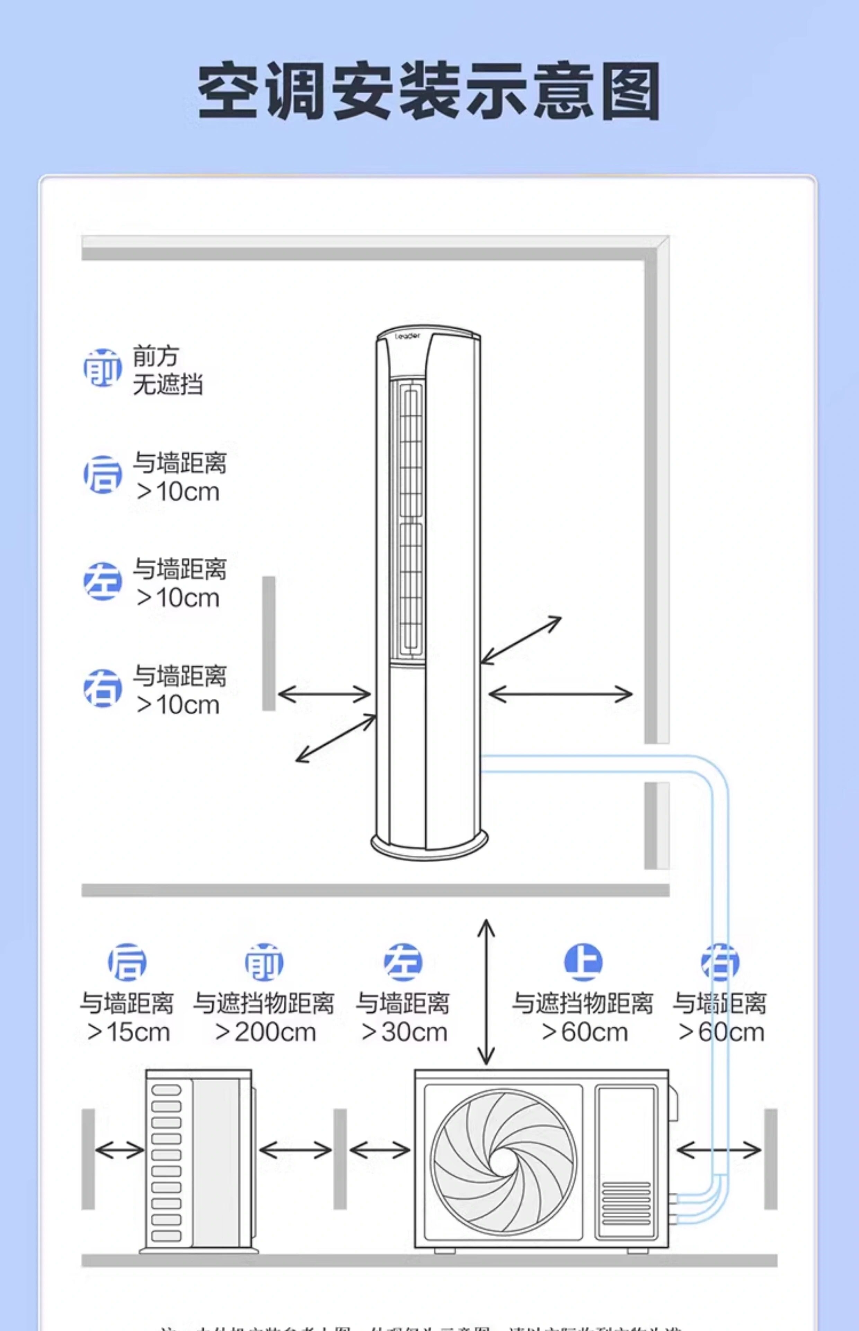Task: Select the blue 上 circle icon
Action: pyautogui.click(x=583, y=962)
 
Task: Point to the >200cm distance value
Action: pyautogui.click(x=266, y=1033)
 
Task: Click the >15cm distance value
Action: pyautogui.click(x=128, y=1033)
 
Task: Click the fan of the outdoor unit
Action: pyautogui.click(x=504, y=1162)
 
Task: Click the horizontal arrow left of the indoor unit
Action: pyautogui.click(x=324, y=695)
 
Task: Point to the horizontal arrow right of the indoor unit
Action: pyautogui.click(x=560, y=695)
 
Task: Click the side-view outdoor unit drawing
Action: pyautogui.click(x=198, y=1161)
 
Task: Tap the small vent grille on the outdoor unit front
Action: pyautogui.click(x=626, y=1203)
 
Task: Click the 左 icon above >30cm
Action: pyautogui.click(x=403, y=962)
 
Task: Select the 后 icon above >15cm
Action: pyautogui.click(x=127, y=962)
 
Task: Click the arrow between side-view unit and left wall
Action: pyautogui.click(x=119, y=1150)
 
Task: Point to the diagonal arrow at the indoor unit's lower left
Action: pyautogui.click(x=336, y=738)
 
